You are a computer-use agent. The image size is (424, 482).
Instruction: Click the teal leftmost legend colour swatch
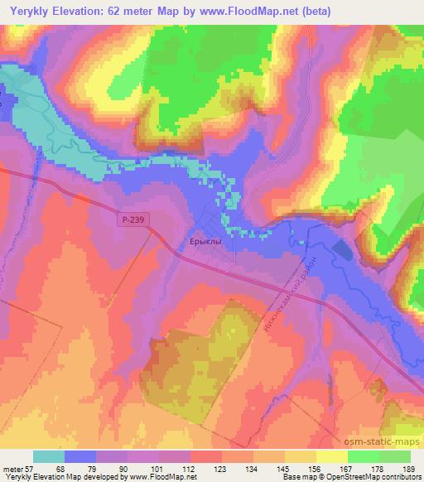(49, 456)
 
